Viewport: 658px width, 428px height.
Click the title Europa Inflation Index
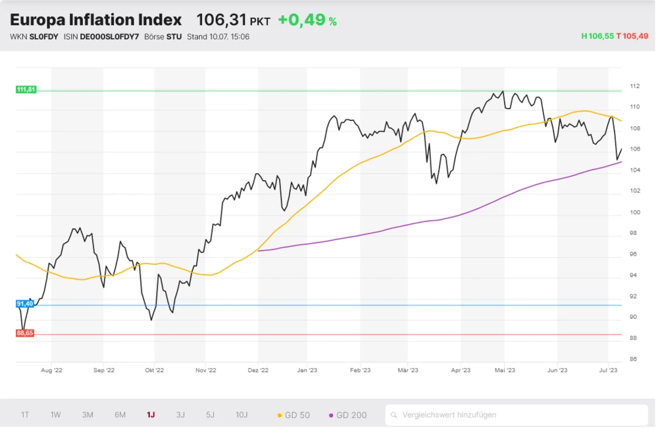95,20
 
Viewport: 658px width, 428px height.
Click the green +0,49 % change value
307,20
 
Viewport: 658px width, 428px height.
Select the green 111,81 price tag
26,89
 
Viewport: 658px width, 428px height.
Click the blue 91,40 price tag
25,304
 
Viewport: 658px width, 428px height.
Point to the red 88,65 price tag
25,333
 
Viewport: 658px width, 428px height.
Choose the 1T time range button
25,415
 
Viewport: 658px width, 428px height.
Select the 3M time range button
88,415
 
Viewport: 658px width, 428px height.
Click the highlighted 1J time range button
151,415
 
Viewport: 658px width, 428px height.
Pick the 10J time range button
241,415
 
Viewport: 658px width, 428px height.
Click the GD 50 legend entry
294,415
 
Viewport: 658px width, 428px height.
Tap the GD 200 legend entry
348,415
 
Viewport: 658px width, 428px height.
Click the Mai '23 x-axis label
505,370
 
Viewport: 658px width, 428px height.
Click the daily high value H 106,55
597,36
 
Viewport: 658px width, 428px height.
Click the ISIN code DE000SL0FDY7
109,36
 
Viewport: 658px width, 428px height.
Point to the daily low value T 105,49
632,36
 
